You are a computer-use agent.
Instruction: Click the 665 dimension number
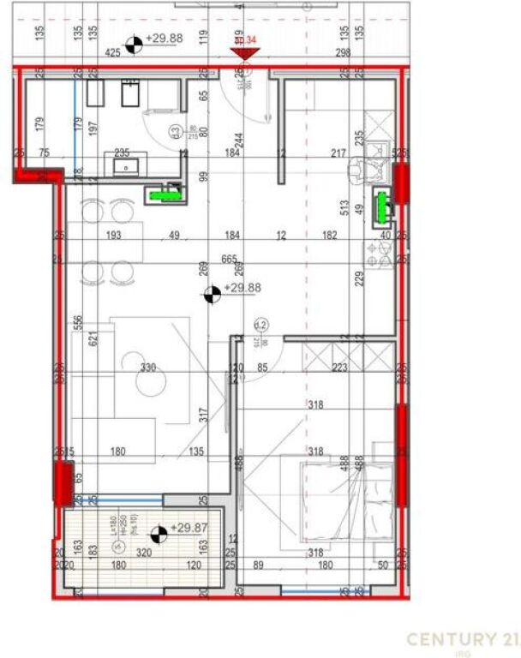[x=229, y=260]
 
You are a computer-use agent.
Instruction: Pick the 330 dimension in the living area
[x=148, y=368]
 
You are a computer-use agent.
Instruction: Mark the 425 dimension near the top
[x=112, y=53]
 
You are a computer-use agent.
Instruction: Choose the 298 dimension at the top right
[x=343, y=53]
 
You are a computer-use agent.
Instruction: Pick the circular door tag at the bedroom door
[x=262, y=326]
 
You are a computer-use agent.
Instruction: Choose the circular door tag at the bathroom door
[x=173, y=132]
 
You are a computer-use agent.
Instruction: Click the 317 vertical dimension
[x=204, y=414]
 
